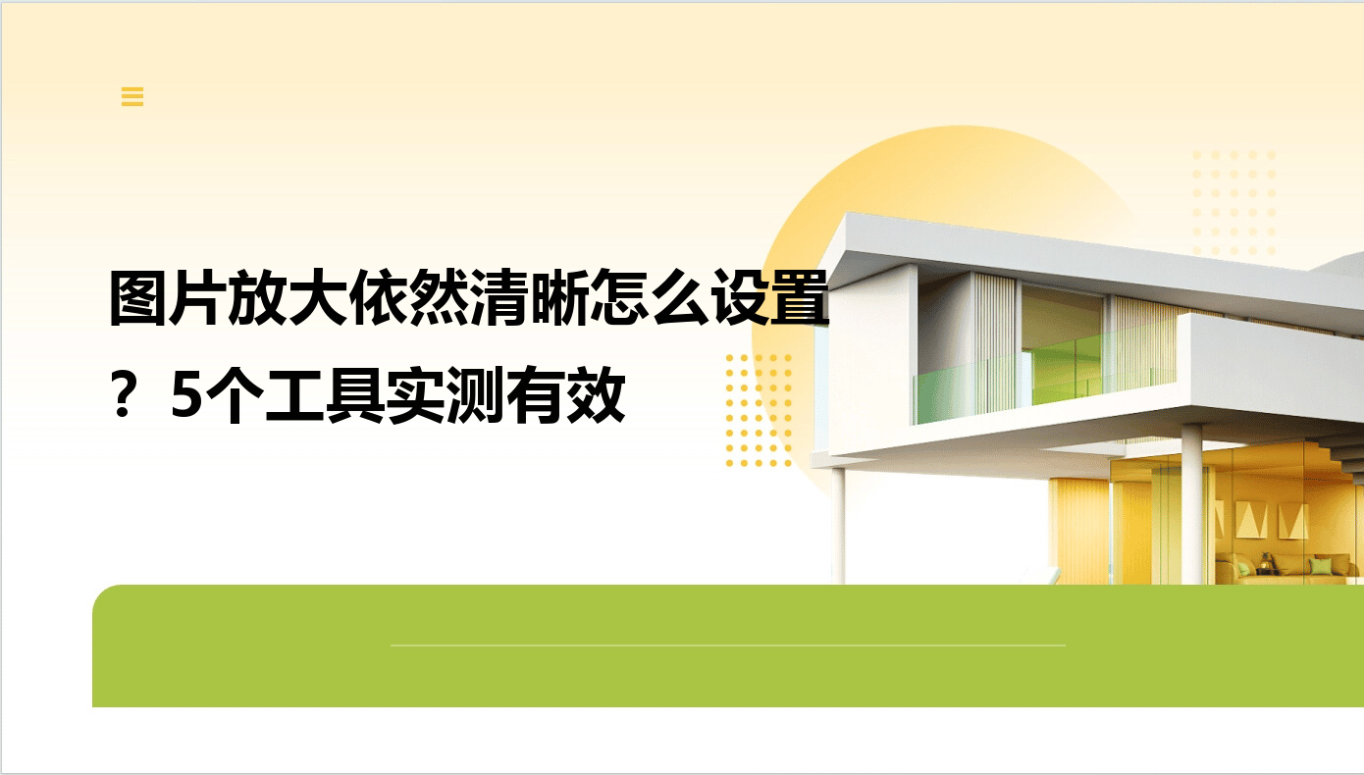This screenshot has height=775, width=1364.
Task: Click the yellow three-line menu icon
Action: coord(132,96)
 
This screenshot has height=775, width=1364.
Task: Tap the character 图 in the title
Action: coord(138,297)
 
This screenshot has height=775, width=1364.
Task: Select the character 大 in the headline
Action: coord(319,297)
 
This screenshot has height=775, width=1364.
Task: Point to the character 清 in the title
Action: coord(498,297)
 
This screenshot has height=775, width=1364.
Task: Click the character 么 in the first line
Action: coord(679,297)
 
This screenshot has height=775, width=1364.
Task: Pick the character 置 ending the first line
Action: coord(799,297)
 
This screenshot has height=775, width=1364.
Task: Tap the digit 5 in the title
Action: coord(186,395)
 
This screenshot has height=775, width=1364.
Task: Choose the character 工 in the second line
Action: coord(294,395)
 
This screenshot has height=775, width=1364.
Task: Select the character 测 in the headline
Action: coord(475,395)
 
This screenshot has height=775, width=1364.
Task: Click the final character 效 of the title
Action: coord(596,395)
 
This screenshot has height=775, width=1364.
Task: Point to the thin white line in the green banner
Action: coord(728,645)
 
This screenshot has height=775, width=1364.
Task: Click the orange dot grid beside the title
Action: coord(759,411)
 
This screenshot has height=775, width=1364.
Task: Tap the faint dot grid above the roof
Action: coord(1233,203)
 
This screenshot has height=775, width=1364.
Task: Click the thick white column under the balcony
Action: coord(1191,503)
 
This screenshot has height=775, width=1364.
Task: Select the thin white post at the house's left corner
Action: coord(838,526)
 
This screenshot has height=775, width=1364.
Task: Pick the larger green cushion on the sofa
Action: coord(1320,567)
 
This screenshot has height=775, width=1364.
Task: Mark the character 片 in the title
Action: coord(198,297)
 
